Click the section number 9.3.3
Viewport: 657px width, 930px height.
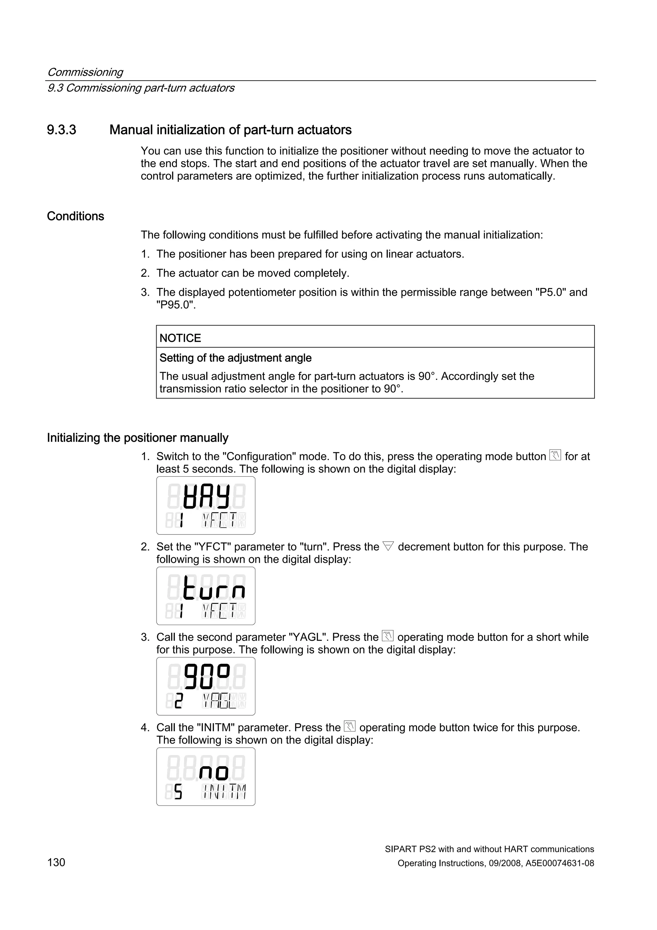[x=62, y=130]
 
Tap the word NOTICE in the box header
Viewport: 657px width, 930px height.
[x=180, y=338]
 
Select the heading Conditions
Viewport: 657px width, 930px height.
[x=75, y=216]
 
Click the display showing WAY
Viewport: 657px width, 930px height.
[x=206, y=506]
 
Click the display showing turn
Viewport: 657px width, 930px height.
[x=206, y=596]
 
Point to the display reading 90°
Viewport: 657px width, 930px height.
[x=206, y=686]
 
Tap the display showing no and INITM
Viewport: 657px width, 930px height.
[x=206, y=777]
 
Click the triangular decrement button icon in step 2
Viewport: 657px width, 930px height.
[x=388, y=546]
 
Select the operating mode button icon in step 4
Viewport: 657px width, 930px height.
[x=350, y=727]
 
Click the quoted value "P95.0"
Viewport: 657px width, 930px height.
[x=176, y=305]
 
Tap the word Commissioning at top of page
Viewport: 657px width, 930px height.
[x=85, y=72]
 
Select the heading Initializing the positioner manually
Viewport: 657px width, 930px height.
[x=138, y=438]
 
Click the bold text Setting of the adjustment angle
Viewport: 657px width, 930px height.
[x=235, y=358]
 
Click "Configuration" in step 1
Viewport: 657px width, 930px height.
[x=261, y=456]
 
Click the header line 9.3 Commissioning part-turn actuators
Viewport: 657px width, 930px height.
[x=141, y=88]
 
